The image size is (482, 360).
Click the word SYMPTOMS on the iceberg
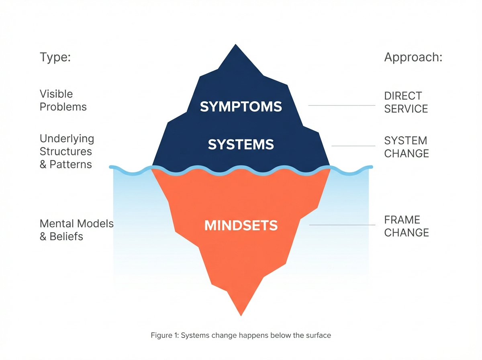[x=241, y=106]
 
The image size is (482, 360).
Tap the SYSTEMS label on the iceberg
[x=241, y=144]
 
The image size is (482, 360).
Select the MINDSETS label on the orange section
[x=241, y=225]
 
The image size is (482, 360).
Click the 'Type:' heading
[x=55, y=57]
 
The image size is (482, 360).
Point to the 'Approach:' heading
[x=413, y=57]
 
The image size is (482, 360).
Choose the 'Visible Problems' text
[x=63, y=100]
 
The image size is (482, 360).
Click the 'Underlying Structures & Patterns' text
[x=66, y=151]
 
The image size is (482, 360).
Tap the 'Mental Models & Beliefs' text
[x=76, y=230]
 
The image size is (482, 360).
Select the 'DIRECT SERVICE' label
[x=406, y=102]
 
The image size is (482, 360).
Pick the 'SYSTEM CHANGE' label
[x=406, y=147]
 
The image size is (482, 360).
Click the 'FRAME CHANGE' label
[x=406, y=226]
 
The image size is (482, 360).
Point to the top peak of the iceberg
[x=236, y=45]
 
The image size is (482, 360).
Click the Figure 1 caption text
[x=241, y=335]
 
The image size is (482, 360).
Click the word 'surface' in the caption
[x=319, y=335]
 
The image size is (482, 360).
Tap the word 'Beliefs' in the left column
[x=66, y=236]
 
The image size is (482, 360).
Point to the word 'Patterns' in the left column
[x=71, y=164]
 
